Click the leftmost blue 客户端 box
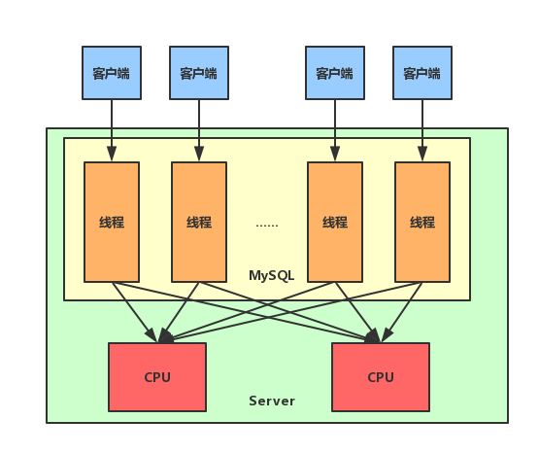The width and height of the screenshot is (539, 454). (112, 73)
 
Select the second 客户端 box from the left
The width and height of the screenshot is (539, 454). (199, 73)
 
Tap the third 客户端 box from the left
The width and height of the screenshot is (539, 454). (335, 73)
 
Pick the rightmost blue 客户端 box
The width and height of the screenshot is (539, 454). (422, 73)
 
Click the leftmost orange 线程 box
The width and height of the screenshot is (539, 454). (112, 222)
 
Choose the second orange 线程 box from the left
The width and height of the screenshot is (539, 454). (199, 222)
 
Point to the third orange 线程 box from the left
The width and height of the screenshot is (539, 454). (335, 222)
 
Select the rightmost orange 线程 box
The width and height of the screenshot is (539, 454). (422, 222)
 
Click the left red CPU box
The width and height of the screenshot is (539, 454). (157, 377)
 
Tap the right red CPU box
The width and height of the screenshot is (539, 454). (381, 377)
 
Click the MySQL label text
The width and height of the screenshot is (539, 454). (272, 276)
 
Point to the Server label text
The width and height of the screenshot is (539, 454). (272, 401)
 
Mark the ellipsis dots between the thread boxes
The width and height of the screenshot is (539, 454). (267, 226)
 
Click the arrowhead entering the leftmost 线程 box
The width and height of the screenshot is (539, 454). (112, 154)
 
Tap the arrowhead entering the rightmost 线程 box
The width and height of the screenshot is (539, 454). (422, 154)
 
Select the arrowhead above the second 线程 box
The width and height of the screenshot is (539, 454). (199, 154)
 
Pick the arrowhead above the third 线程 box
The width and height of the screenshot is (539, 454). (335, 154)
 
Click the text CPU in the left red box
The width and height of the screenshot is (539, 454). (157, 377)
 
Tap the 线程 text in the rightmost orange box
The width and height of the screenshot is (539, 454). (422, 223)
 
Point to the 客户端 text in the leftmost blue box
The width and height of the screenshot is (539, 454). (112, 74)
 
